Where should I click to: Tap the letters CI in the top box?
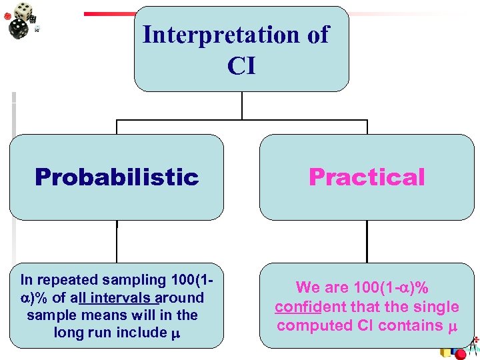[x=241, y=66]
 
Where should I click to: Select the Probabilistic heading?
[x=117, y=177]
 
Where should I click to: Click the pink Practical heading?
[x=367, y=177]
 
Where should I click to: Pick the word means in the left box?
[x=130, y=315]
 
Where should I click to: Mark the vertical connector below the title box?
[x=241, y=105]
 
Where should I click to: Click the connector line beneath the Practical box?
[x=367, y=241]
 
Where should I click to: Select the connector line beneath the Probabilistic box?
[x=117, y=241]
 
